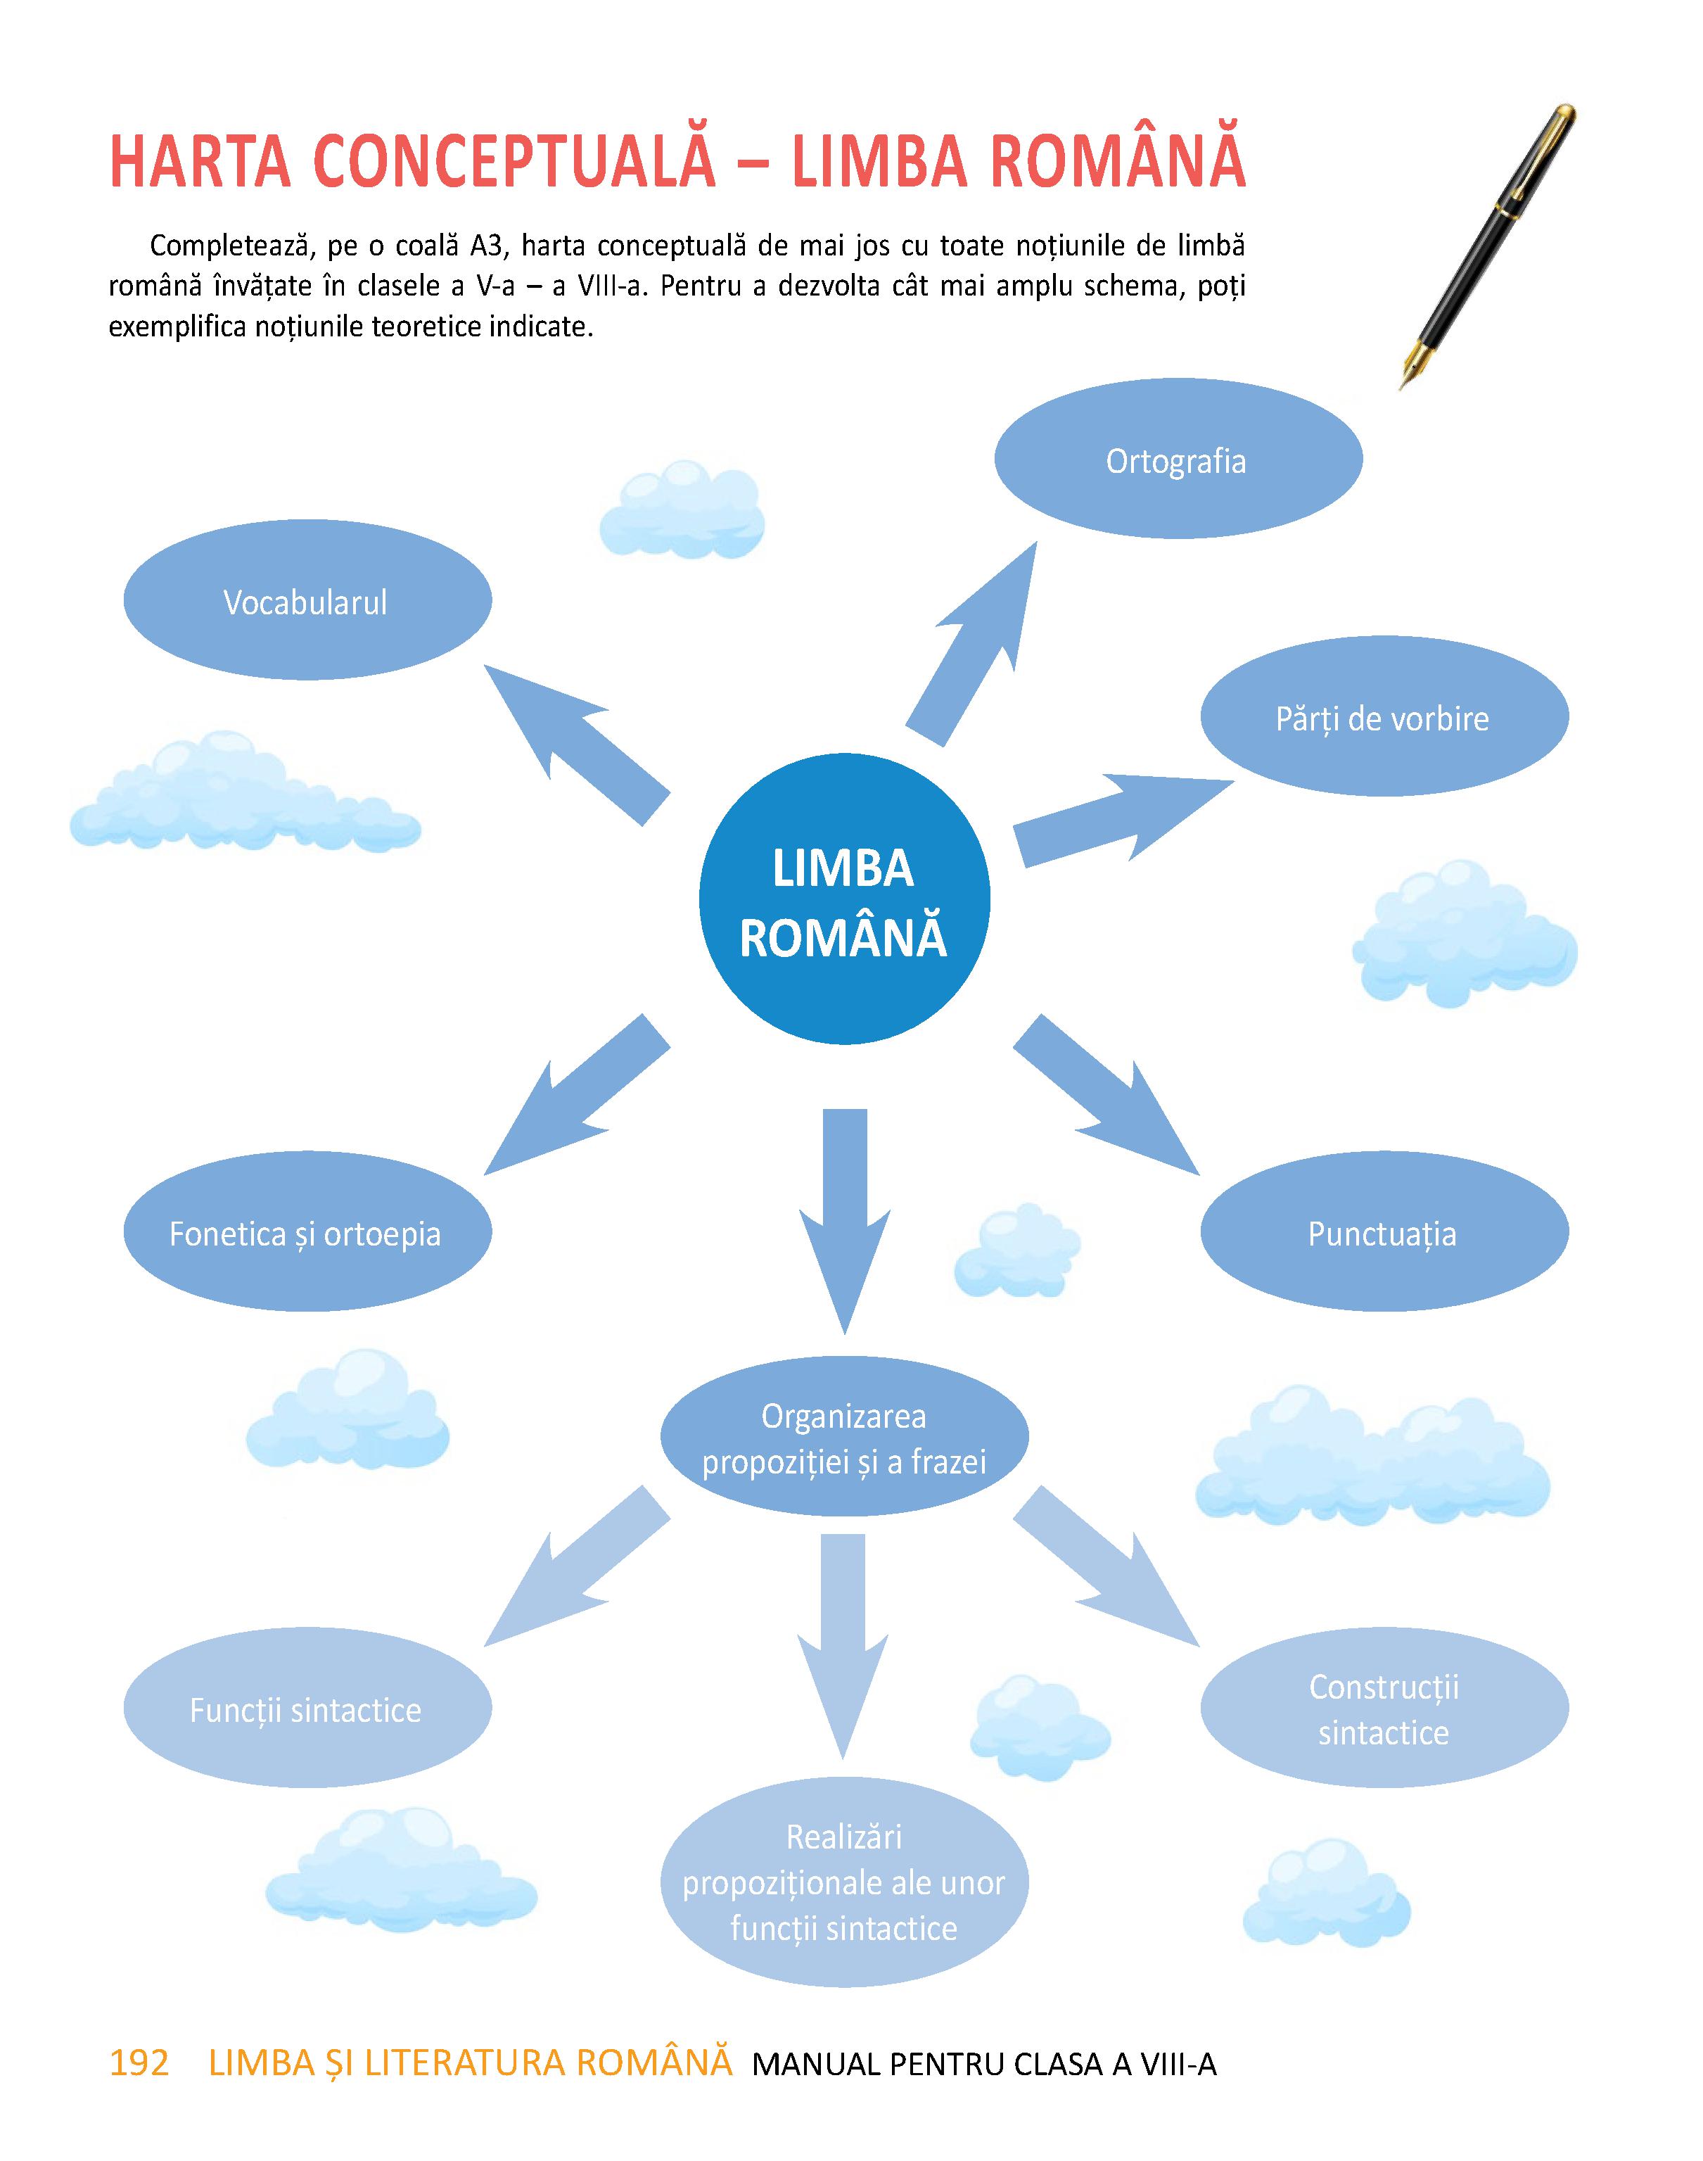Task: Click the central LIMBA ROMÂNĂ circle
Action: point(845,899)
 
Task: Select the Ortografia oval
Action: point(1178,459)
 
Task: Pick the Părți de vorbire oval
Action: point(1384,716)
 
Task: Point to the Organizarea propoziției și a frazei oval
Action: point(845,1438)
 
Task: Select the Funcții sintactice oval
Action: point(307,1709)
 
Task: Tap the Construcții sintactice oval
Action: point(1384,1709)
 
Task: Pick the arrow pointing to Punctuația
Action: point(1106,1095)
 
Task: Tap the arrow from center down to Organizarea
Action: point(845,1221)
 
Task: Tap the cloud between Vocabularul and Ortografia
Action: point(682,509)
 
